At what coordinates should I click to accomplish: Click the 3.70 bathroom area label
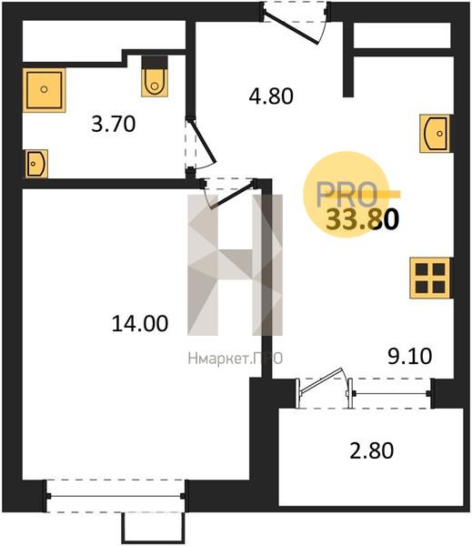115,123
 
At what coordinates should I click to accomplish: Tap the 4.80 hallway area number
272,95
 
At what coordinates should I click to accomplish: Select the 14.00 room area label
139,322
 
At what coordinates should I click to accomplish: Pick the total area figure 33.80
361,220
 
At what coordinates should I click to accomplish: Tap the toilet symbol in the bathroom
155,78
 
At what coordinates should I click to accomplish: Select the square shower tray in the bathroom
44,89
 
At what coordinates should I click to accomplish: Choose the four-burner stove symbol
428,277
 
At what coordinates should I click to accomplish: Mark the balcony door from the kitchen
323,384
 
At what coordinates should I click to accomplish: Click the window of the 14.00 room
115,497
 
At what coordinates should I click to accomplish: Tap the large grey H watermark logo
235,264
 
